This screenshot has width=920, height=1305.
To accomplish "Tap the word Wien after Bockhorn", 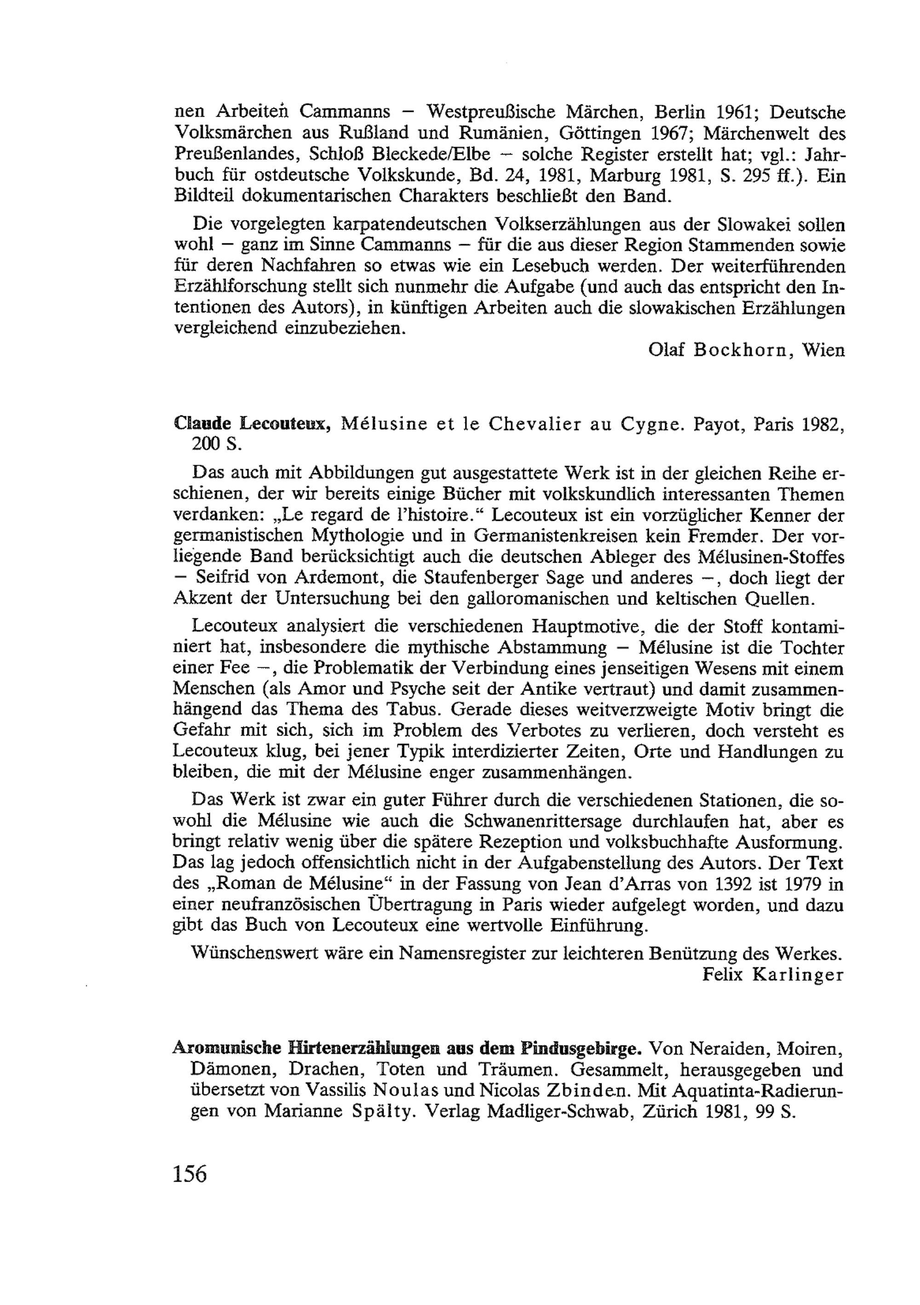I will (823, 350).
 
